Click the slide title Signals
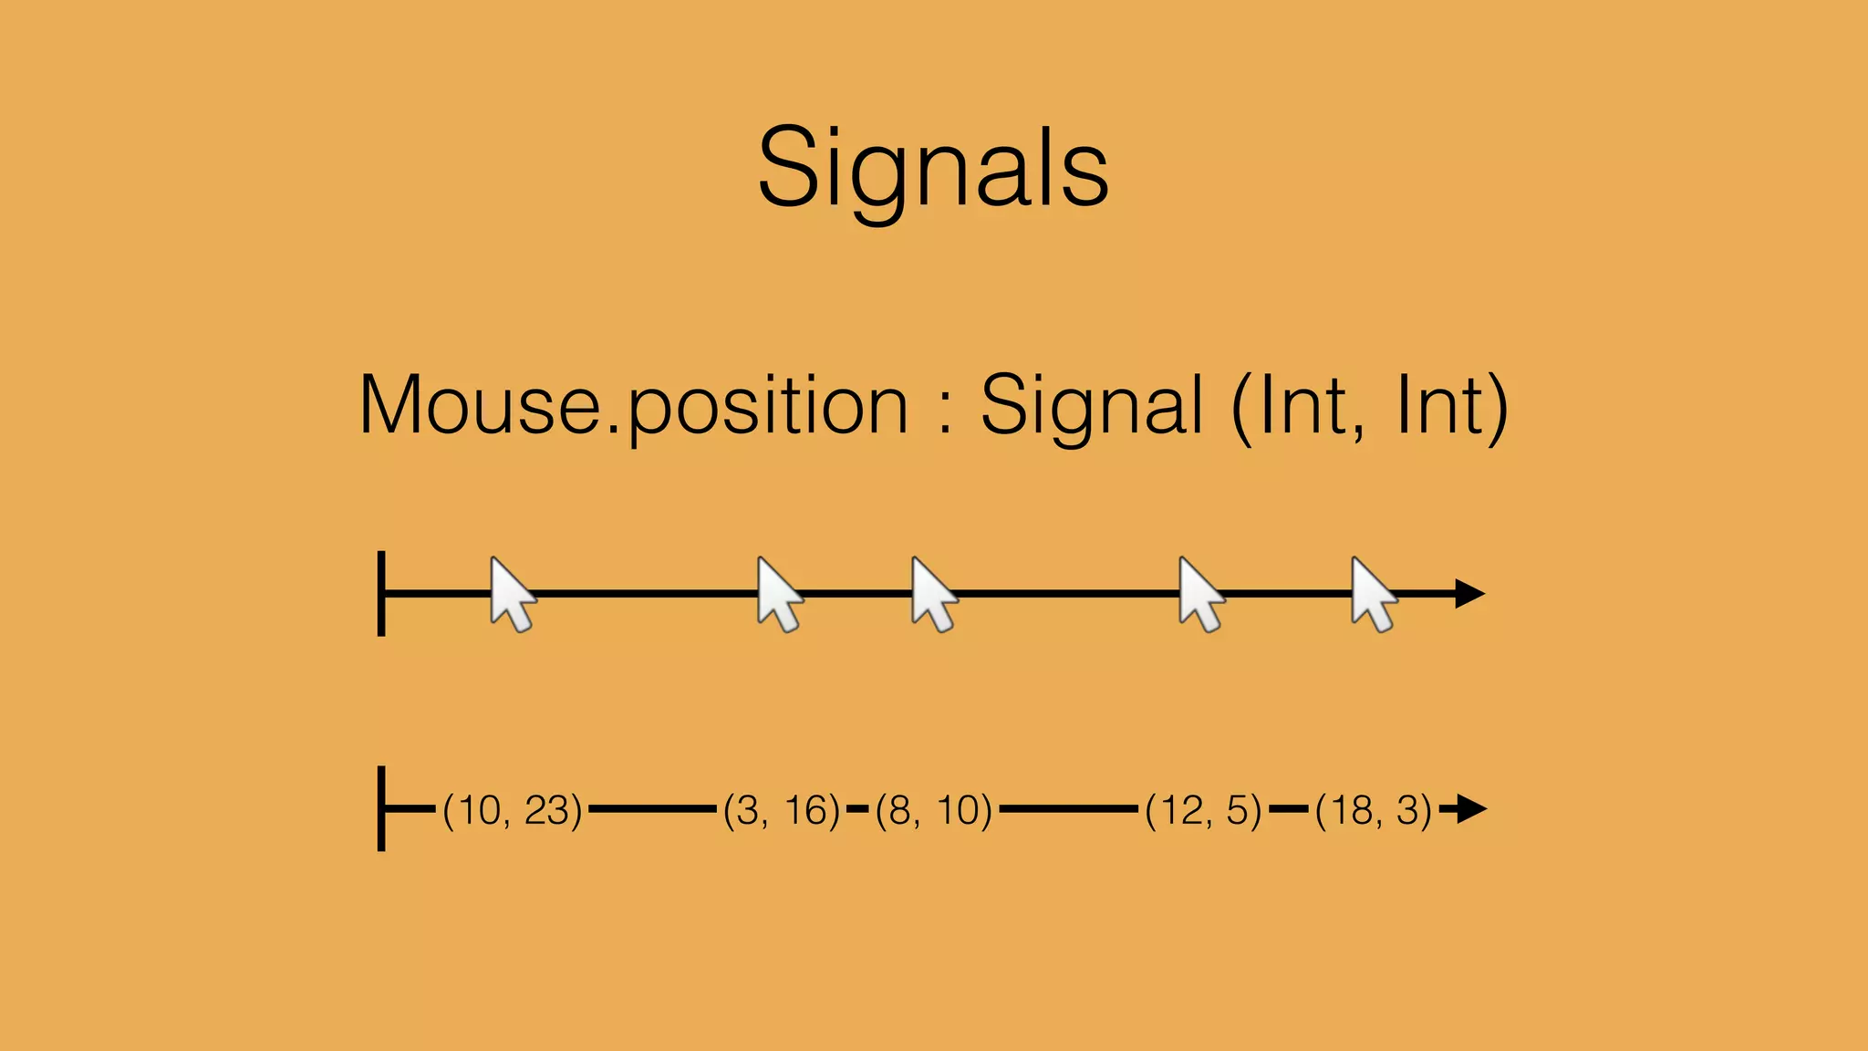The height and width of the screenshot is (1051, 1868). [933, 169]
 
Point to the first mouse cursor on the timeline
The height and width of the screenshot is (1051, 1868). [512, 594]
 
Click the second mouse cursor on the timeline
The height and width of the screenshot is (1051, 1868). [779, 594]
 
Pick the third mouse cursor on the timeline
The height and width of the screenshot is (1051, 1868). [933, 594]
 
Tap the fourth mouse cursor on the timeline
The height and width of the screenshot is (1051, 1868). [1200, 594]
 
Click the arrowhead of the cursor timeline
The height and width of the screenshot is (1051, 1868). [1468, 594]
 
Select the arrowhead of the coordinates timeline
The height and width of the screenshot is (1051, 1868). [1470, 808]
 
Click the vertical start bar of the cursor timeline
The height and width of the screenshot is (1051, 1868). [381, 593]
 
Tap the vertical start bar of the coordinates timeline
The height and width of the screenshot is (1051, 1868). [381, 808]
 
